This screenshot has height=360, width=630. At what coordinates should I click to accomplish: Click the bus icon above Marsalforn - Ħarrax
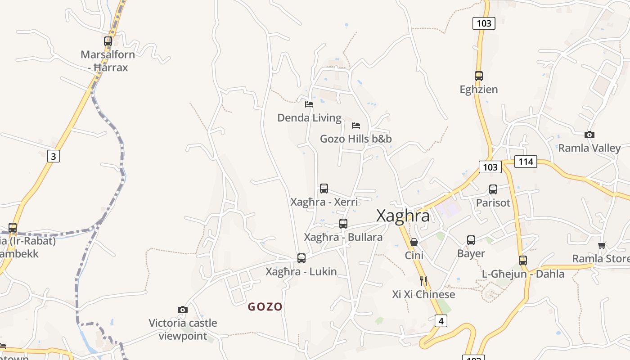coord(108,41)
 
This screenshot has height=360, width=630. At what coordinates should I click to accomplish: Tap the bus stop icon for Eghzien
coord(478,76)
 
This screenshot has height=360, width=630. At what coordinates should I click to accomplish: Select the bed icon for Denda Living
coord(309,104)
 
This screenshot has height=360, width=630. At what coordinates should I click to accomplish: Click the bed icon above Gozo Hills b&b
coord(356,125)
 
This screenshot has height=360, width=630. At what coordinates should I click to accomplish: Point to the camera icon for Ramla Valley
coord(589,135)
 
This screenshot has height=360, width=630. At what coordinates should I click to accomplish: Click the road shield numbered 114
coord(526,162)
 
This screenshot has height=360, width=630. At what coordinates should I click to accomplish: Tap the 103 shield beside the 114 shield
coord(490,167)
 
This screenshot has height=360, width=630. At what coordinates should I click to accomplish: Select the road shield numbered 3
coord(54,156)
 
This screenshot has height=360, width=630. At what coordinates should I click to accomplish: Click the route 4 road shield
coord(441,321)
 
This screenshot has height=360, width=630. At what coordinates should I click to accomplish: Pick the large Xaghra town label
coord(403,216)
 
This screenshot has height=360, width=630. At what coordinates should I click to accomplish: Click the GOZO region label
coord(265,307)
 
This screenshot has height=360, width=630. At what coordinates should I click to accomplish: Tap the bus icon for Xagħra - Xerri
coord(324,189)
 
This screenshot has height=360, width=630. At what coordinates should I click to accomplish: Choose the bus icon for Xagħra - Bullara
coord(343,224)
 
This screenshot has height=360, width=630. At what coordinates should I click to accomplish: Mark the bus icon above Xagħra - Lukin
coord(301,258)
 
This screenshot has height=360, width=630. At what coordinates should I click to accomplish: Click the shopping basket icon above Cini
coord(414,242)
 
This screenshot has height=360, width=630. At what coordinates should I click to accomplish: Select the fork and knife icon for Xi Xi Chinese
coord(423,281)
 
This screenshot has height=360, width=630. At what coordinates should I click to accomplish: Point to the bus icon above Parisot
coord(493,189)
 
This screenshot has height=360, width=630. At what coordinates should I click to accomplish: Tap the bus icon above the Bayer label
coord(471,240)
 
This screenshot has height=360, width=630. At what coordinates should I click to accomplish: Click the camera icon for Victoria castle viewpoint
coord(182,310)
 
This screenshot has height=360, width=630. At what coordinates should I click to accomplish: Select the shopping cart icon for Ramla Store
coord(602,245)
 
